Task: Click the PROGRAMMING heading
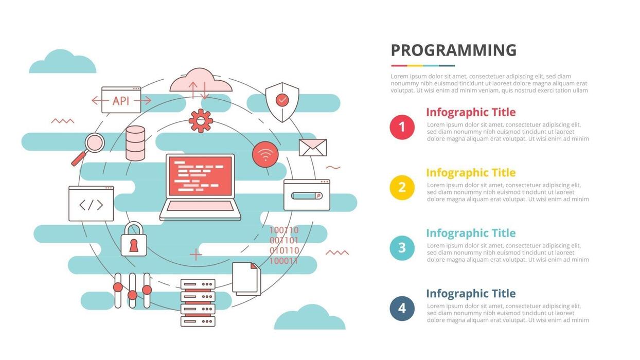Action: click(x=453, y=50)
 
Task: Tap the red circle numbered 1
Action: click(x=402, y=127)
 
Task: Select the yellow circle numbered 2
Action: click(x=402, y=188)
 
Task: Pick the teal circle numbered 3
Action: click(x=402, y=248)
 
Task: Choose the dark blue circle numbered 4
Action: click(x=402, y=309)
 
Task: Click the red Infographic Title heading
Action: click(x=470, y=112)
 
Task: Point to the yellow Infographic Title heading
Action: click(x=470, y=173)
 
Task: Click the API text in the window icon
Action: click(x=121, y=101)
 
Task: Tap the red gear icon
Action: click(x=201, y=121)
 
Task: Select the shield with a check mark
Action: click(x=282, y=102)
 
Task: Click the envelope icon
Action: click(x=313, y=148)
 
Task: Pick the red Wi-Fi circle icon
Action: click(x=265, y=154)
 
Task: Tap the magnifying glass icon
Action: click(x=92, y=146)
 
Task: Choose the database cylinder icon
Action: click(x=135, y=142)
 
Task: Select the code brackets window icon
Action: click(x=91, y=204)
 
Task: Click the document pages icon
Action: click(x=246, y=279)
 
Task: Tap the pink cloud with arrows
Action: click(x=200, y=82)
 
